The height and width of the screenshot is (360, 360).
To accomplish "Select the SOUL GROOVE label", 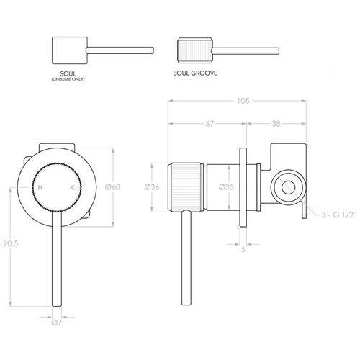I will pyautogui.click(x=195, y=73).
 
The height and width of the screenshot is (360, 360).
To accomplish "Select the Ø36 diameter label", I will pyautogui.click(x=153, y=187).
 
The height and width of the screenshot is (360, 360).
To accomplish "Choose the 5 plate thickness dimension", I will pyautogui.click(x=243, y=251).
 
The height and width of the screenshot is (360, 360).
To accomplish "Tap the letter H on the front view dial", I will pyautogui.click(x=40, y=187).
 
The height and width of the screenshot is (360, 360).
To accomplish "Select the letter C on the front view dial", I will pyautogui.click(x=73, y=187).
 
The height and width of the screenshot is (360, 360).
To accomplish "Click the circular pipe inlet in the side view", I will pyautogui.click(x=286, y=187).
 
